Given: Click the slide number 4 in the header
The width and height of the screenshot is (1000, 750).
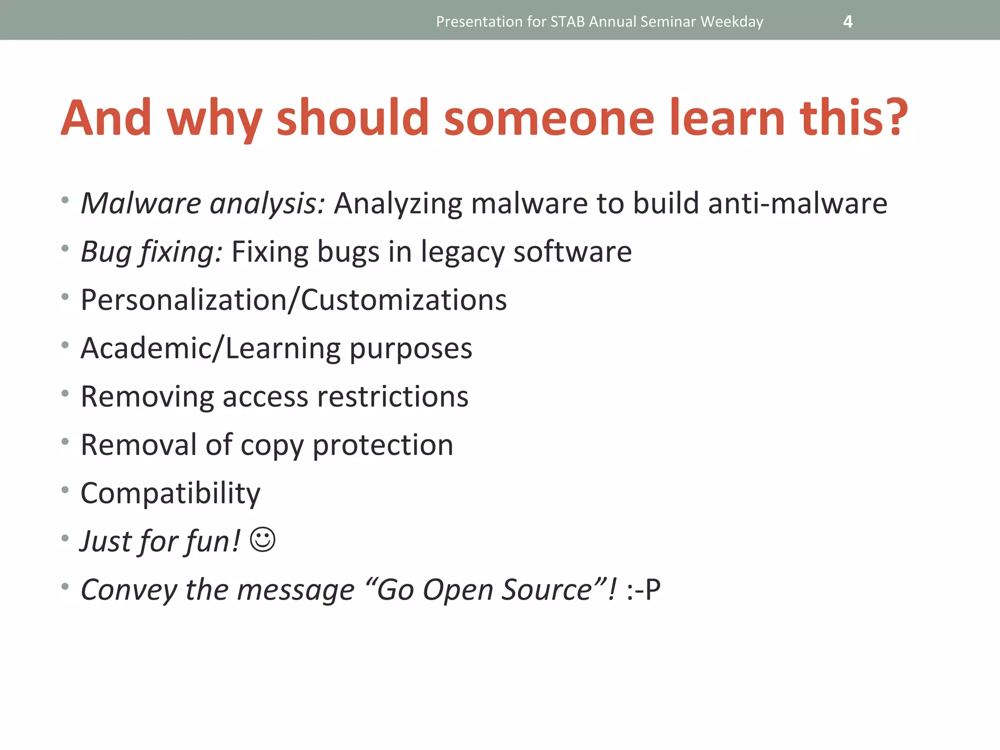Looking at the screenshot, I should click(848, 22).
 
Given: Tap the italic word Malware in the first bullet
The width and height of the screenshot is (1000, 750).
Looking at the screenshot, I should click(141, 203).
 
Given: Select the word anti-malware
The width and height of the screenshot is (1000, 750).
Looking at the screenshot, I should click(797, 203).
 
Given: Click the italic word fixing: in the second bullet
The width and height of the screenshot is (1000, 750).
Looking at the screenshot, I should click(181, 252).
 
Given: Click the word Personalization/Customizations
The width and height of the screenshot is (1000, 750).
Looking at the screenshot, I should click(293, 300).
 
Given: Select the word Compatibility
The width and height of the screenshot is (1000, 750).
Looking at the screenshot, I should click(170, 493).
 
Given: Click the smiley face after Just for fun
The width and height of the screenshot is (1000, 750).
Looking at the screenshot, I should click(263, 540).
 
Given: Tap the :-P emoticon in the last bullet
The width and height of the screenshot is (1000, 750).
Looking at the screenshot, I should click(644, 590).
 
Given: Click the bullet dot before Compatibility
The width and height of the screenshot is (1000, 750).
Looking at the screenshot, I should click(65, 490).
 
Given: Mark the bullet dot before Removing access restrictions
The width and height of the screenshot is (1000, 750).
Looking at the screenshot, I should click(65, 393).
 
